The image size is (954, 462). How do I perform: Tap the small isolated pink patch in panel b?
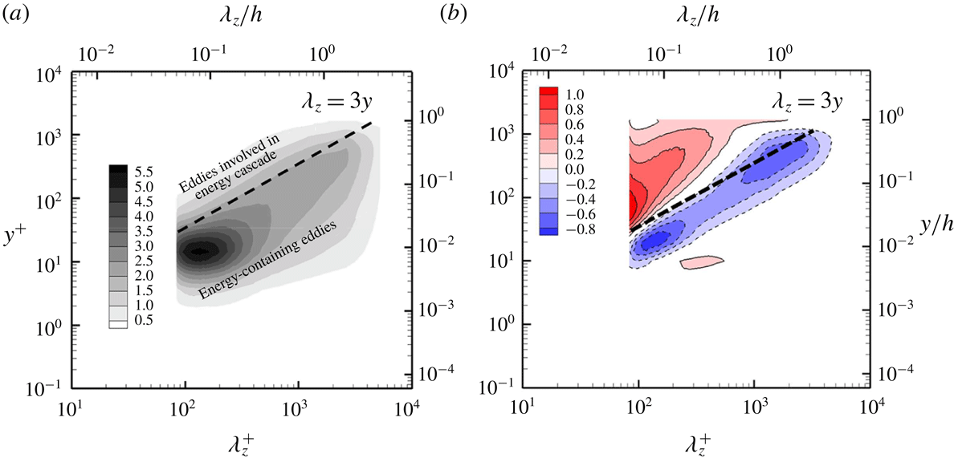click(x=702, y=261)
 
